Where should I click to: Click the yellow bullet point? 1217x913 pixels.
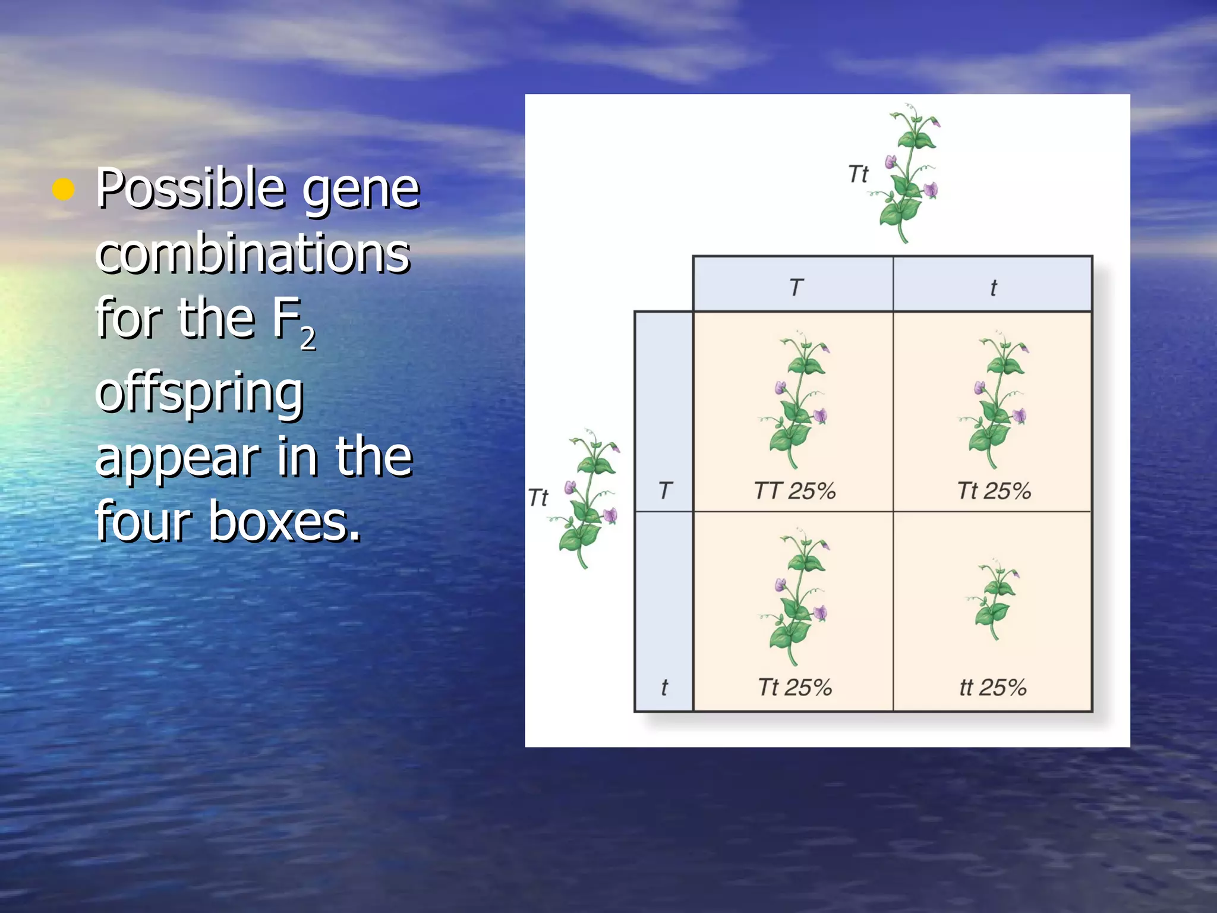64,190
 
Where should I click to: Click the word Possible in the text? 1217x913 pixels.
190,188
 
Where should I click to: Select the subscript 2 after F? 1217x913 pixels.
307,339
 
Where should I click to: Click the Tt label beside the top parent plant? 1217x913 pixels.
857,174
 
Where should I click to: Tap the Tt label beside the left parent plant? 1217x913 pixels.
538,498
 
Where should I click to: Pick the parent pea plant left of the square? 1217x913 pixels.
588,498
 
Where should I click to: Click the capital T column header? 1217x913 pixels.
796,288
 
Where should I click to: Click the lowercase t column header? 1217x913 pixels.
993,288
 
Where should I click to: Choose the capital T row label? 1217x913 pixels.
665,490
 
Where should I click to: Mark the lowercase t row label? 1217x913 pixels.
664,688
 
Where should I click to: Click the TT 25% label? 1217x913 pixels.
794,491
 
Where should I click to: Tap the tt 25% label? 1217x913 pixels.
993,688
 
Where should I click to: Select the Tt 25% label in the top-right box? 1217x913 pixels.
994,491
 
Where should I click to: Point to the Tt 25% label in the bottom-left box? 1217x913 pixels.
794,688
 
